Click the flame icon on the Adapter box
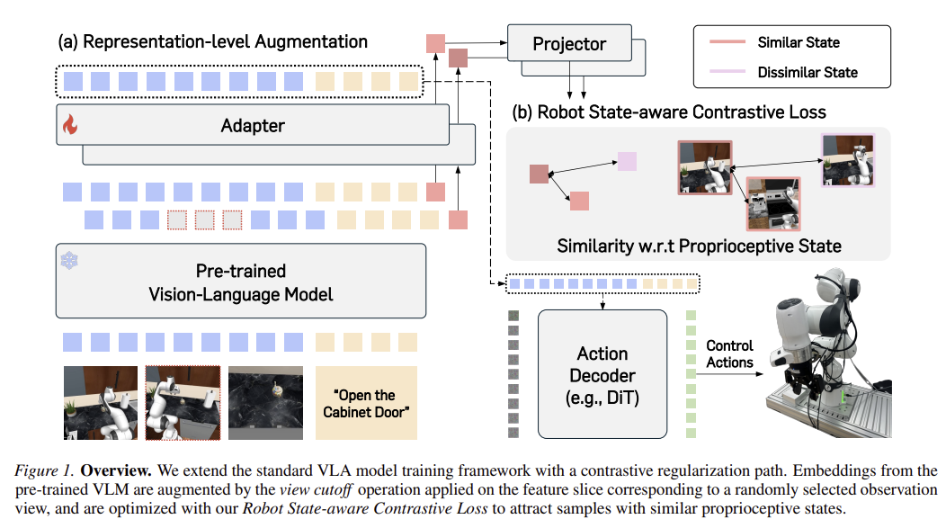tap(70, 124)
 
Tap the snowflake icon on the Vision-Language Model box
tap(69, 261)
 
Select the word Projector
tap(569, 44)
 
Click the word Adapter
tap(253, 126)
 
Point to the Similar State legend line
tap(727, 42)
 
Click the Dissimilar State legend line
tap(727, 72)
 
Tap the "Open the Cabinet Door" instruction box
tap(366, 402)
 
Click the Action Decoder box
tap(602, 374)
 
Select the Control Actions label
tap(729, 354)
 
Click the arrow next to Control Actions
tap(729, 374)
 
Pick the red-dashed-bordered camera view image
tap(183, 402)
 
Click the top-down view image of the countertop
tap(265, 402)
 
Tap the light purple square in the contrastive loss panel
tap(627, 161)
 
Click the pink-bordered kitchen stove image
tap(773, 204)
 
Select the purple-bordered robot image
tap(848, 160)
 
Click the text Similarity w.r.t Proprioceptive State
tap(699, 246)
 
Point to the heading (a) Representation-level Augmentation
tap(212, 41)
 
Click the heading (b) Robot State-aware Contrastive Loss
tap(669, 112)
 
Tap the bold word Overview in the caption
tap(116, 470)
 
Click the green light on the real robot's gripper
tap(843, 398)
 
